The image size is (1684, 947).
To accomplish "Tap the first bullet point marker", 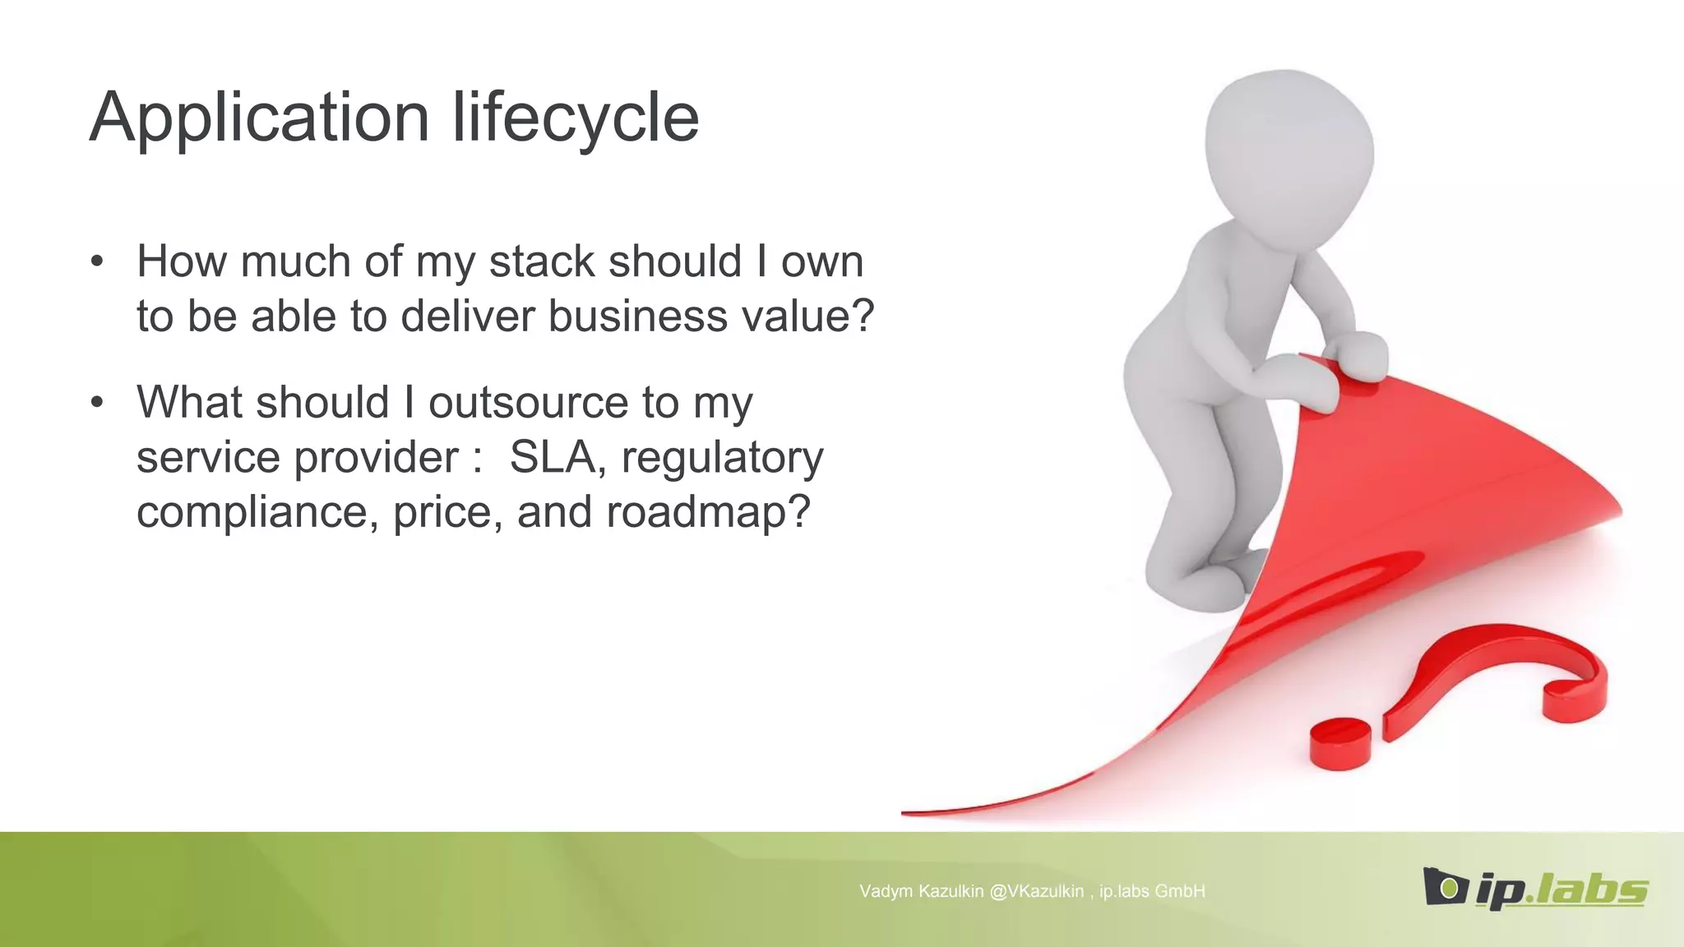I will pos(98,262).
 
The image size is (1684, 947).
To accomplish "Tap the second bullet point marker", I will pos(98,403).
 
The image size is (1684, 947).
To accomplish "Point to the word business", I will pos(638,316).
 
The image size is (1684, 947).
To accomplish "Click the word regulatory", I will pos(722,459).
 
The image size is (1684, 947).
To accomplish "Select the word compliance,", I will pos(257,513).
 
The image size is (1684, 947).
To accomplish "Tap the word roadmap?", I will pos(708,513).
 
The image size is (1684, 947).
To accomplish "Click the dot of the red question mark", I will pos(1340,744).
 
